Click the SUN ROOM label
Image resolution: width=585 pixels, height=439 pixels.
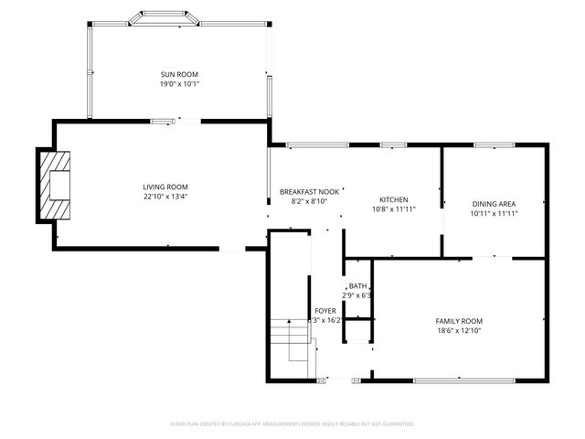(179, 74)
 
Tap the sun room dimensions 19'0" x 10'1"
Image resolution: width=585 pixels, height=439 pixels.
(179, 83)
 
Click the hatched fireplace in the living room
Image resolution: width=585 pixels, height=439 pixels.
(53, 185)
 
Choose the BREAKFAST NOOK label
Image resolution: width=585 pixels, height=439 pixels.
(309, 191)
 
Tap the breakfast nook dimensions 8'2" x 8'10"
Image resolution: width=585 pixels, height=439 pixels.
(309, 201)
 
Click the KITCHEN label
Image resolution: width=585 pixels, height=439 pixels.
(393, 199)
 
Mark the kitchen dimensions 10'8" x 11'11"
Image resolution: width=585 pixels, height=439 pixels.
(393, 209)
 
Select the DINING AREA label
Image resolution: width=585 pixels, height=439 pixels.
(495, 203)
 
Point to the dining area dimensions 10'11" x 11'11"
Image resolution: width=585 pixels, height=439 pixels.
(495, 213)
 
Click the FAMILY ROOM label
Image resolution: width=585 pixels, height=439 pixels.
(458, 321)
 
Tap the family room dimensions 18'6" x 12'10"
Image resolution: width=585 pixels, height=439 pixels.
(458, 331)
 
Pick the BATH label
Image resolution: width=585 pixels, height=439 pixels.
(356, 286)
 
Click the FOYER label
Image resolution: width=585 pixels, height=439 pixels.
(324, 311)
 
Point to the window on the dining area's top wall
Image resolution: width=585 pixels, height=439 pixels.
(494, 145)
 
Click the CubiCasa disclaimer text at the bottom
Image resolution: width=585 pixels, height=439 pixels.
(292, 423)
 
